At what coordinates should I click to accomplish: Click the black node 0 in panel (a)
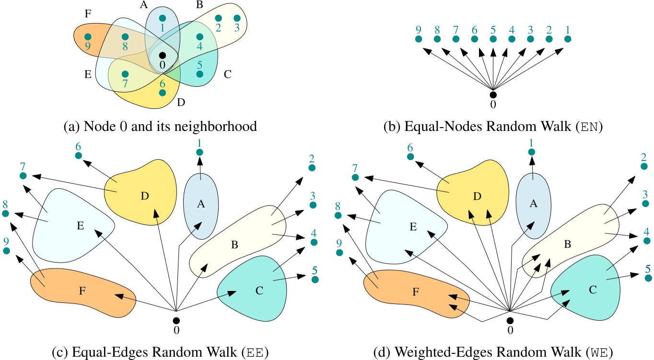[163, 55]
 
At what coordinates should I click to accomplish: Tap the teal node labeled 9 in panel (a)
[88, 36]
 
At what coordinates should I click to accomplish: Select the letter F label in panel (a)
[88, 13]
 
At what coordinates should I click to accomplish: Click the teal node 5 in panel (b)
[493, 39]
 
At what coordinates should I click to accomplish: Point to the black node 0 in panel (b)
[493, 94]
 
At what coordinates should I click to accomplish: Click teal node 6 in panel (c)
[78, 156]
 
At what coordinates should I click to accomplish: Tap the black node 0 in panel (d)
[510, 320]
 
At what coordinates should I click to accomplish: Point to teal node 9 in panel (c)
[7, 250]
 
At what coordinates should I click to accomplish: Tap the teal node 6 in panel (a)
[163, 92]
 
